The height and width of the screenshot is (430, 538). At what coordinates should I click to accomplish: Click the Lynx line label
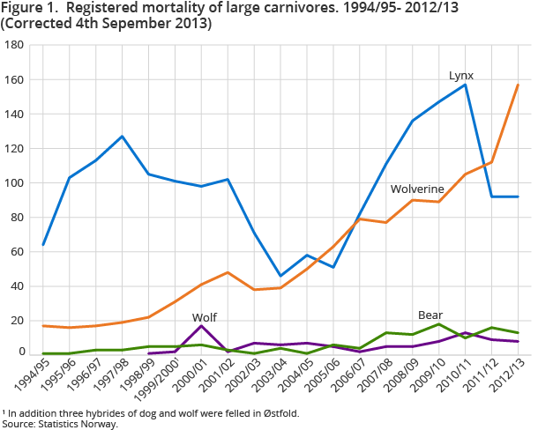461,76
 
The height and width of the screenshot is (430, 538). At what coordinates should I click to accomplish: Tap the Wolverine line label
416,189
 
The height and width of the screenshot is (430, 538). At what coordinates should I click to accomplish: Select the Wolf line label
204,316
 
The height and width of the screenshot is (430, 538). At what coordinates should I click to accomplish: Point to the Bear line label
430,315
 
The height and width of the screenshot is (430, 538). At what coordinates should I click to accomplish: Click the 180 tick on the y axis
14,45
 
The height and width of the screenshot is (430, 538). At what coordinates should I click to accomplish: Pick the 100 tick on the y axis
14,183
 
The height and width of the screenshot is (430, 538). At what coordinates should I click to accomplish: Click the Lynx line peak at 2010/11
465,85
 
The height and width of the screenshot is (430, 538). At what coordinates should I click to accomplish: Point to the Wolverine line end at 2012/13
518,85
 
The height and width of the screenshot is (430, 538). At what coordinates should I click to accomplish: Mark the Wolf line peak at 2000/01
202,326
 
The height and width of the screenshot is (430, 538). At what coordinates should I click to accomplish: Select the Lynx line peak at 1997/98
122,137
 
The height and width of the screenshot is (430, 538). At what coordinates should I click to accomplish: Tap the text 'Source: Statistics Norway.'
60,424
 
